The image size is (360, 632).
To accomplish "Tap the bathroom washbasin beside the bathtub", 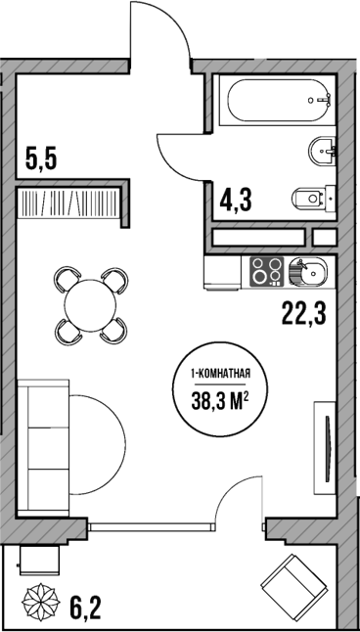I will point(322,151).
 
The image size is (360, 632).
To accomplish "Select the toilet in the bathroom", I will point(310,199).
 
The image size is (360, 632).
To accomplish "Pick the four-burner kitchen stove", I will point(266,271).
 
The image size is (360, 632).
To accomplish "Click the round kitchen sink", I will point(303,271).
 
